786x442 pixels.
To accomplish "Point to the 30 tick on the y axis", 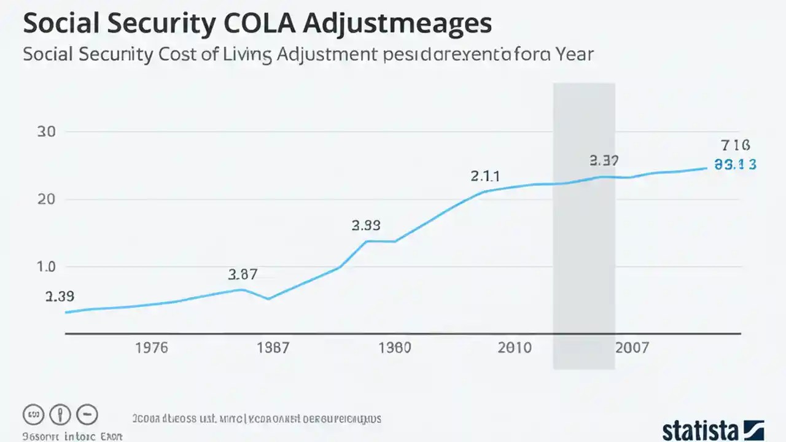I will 47,132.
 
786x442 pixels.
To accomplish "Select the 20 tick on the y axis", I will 47,200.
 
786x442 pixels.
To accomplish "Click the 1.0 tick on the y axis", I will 47,267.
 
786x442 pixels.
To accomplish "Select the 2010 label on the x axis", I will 515,348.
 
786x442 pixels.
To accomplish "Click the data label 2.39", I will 60,297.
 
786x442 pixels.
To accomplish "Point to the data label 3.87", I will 243,274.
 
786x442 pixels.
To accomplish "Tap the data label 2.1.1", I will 485,177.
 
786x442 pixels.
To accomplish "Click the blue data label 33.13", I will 735,165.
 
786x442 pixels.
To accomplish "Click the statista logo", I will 712,429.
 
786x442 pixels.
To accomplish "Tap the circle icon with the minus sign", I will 87,414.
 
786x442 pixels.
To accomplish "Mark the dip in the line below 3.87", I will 268,299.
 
